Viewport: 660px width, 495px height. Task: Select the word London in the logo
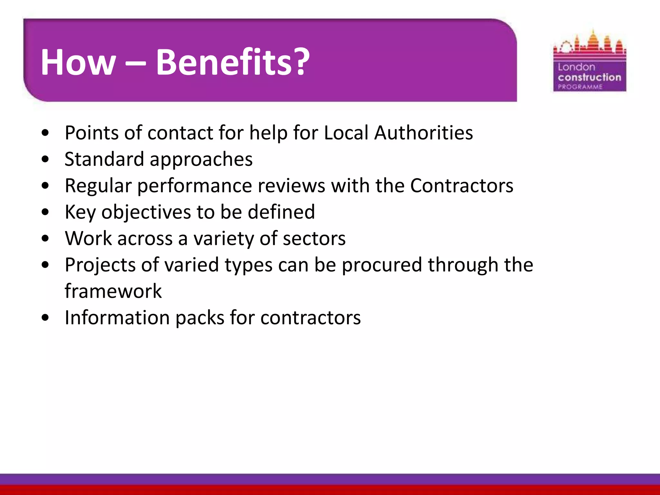[576, 67]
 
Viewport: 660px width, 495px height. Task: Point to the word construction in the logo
[589, 77]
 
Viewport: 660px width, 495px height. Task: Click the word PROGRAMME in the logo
[580, 87]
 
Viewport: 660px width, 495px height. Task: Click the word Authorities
[423, 133]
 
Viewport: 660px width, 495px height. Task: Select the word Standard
[104, 159]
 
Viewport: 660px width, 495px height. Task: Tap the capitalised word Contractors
[461, 186]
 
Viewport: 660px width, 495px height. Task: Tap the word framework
[113, 291]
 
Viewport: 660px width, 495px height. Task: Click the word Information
[117, 318]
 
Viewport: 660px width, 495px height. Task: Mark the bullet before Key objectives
[45, 212]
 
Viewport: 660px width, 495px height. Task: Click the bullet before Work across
[45, 239]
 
